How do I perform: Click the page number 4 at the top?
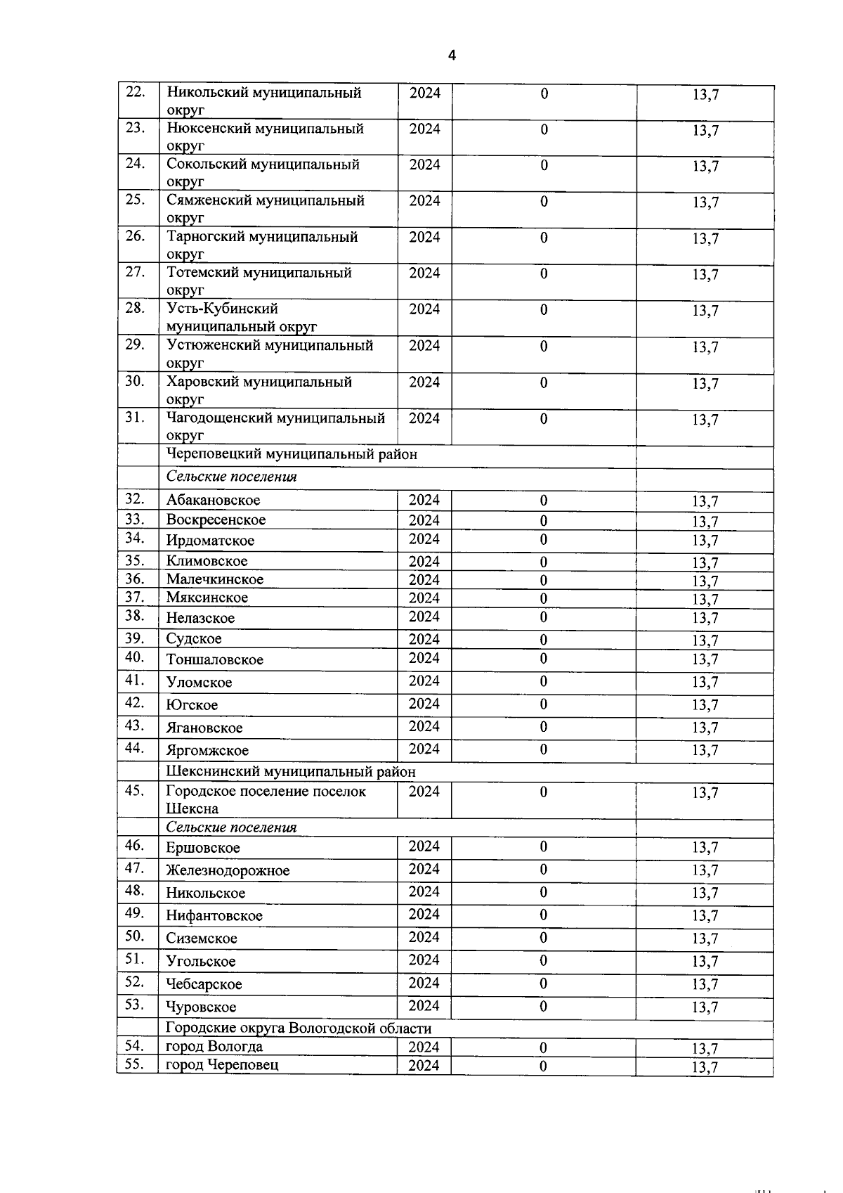[x=452, y=56]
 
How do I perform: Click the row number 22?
[x=135, y=92]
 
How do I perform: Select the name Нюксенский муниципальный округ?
[x=265, y=137]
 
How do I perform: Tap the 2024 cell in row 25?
[x=424, y=201]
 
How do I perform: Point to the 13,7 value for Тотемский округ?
[x=705, y=275]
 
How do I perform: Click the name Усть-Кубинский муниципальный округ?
[x=241, y=317]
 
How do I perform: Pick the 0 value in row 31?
[x=544, y=419]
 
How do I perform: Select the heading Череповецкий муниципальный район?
[x=292, y=454]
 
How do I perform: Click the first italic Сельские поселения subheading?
[x=231, y=477]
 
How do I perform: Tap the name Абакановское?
[x=213, y=501]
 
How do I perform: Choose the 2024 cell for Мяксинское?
[x=424, y=598]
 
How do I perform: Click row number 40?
[x=135, y=657]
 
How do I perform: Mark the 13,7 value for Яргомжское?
[x=705, y=750]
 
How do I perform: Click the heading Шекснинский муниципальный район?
[x=290, y=772]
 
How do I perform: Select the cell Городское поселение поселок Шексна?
[x=266, y=800]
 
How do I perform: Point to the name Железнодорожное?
[x=228, y=871]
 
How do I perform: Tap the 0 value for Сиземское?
[x=543, y=938]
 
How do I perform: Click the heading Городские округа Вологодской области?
[x=298, y=1028]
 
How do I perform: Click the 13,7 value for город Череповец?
[x=705, y=1067]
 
